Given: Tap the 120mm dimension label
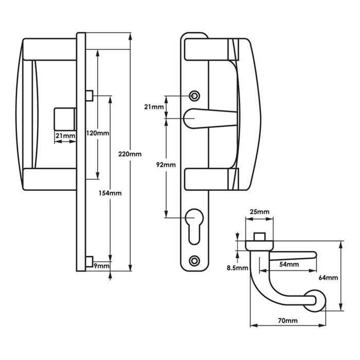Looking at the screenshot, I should tap(98, 133).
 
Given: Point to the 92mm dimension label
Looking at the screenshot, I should tap(166, 165).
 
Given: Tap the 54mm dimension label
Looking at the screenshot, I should tap(289, 264).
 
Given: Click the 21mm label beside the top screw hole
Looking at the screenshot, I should tap(154, 106).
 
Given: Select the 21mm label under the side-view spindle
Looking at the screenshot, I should tap(65, 135).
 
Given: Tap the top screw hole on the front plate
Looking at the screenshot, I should tap(194, 96).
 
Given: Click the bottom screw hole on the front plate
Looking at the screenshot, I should tap(194, 260).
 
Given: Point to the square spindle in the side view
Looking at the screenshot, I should tap(64, 118).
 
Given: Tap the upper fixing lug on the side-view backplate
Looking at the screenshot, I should tap(88, 95).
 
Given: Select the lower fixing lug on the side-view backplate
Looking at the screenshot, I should tap(88, 259).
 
